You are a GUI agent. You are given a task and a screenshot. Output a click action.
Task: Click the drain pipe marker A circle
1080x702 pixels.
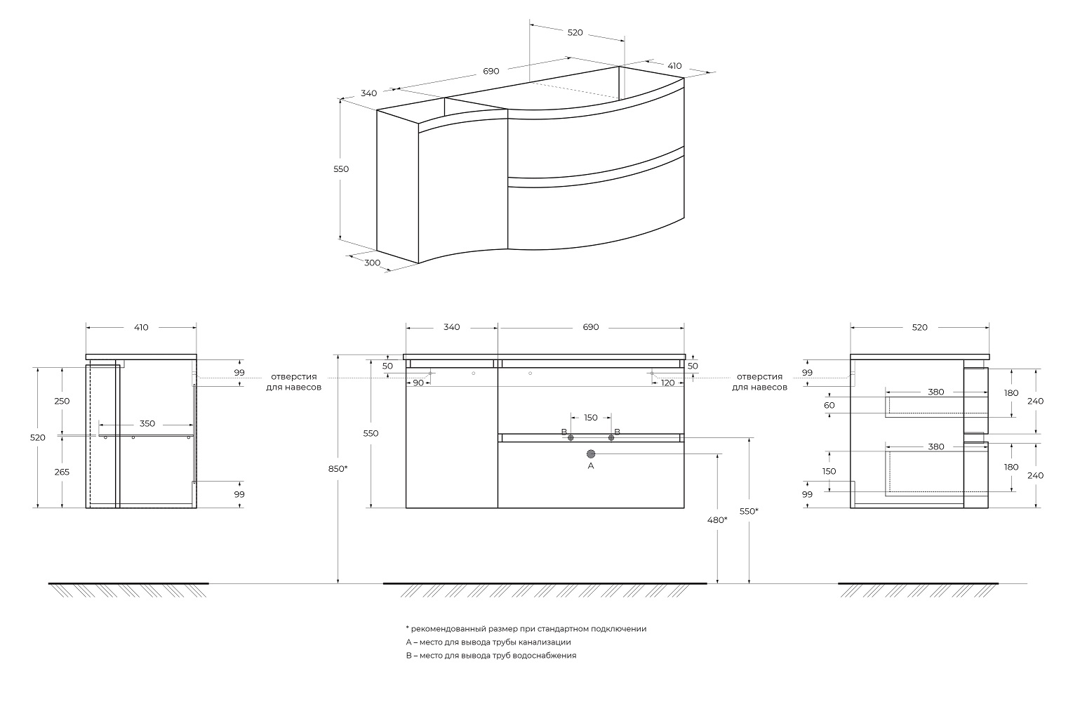[591, 454]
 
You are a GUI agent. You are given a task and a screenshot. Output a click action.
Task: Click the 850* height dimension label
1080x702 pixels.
[337, 468]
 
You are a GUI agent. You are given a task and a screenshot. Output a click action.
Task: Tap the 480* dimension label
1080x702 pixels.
[716, 520]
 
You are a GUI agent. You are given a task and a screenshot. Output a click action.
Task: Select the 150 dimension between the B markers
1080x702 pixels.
[591, 418]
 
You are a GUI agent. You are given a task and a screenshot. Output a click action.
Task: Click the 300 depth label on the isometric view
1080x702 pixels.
[373, 263]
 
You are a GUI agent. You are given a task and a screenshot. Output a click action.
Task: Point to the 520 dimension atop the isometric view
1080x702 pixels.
[575, 33]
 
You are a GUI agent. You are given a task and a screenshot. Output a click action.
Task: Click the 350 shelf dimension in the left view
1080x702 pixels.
[147, 424]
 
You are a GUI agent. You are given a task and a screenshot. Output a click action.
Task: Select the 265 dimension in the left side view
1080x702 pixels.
[62, 472]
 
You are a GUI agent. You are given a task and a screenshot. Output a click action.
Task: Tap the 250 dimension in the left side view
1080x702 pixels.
[62, 401]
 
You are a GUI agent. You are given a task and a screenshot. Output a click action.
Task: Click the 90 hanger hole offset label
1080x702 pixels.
[418, 383]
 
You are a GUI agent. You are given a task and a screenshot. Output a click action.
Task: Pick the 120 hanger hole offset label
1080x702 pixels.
[667, 383]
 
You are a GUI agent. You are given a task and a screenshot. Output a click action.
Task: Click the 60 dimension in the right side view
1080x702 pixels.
[829, 405]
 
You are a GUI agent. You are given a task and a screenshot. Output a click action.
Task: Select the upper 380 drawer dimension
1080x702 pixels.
[936, 392]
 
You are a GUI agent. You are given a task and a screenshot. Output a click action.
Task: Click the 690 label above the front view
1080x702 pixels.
[591, 327]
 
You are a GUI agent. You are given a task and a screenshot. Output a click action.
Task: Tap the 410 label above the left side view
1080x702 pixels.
[141, 327]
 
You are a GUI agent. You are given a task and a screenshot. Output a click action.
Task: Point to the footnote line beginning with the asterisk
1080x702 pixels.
[526, 629]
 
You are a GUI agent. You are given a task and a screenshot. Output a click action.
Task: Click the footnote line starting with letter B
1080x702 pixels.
[491, 656]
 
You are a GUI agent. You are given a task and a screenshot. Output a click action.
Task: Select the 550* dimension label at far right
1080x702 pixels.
[749, 512]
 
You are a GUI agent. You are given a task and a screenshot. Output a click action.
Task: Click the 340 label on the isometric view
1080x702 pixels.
[369, 93]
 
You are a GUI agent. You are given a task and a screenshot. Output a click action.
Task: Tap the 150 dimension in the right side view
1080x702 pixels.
[829, 471]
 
